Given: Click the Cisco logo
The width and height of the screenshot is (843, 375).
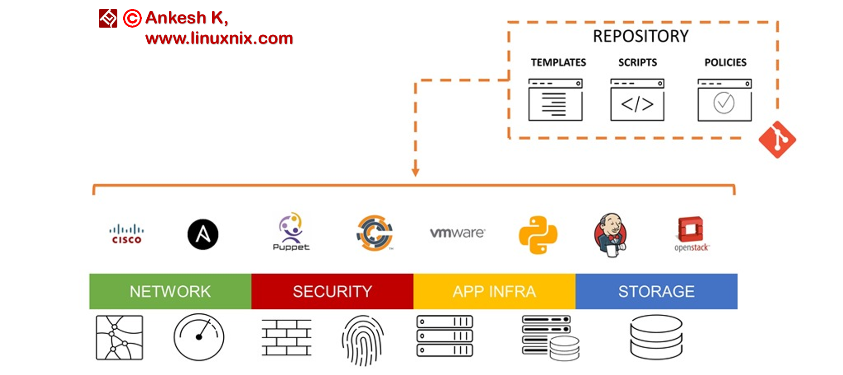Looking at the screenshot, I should pyautogui.click(x=126, y=234).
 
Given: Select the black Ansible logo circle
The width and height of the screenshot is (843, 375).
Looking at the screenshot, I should pyautogui.click(x=203, y=234).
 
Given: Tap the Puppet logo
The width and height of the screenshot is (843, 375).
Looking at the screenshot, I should pyautogui.click(x=291, y=231).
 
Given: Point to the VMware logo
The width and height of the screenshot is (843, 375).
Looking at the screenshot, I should pyautogui.click(x=458, y=233).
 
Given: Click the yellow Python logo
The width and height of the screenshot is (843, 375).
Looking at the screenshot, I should pyautogui.click(x=538, y=235).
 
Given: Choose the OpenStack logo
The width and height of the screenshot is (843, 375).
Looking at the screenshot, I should pyautogui.click(x=691, y=234).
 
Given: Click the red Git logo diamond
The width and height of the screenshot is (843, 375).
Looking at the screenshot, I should pyautogui.click(x=777, y=139).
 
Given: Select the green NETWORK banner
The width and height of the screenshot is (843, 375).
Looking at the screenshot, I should pyautogui.click(x=170, y=291).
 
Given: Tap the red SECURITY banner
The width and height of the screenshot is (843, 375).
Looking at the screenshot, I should pyautogui.click(x=332, y=291).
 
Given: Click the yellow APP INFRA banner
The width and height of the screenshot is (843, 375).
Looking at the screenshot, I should pyautogui.click(x=494, y=291).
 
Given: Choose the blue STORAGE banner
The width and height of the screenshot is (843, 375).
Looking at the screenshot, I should pyautogui.click(x=656, y=291).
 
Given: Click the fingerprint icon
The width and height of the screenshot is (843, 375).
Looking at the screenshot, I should pyautogui.click(x=363, y=340).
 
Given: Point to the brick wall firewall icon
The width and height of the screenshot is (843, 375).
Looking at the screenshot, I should pyautogui.click(x=287, y=337).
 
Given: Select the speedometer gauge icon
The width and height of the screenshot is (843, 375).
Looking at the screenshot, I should pyautogui.click(x=199, y=337).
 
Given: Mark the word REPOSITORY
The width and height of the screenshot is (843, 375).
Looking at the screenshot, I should pyautogui.click(x=641, y=36).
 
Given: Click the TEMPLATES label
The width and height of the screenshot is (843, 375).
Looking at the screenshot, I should pyautogui.click(x=559, y=62).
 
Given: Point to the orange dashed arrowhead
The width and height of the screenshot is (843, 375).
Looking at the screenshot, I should pyautogui.click(x=415, y=172).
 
